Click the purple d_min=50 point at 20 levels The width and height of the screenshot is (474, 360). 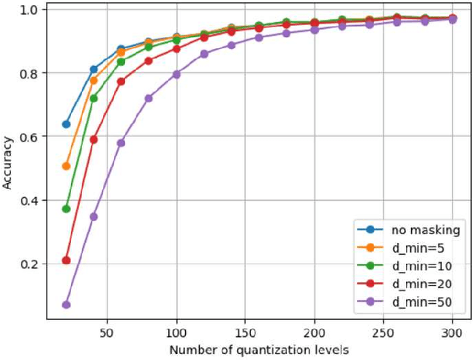tap(66, 304)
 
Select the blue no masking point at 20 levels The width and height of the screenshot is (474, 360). tap(66, 124)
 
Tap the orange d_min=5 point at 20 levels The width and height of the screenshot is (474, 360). tap(66, 166)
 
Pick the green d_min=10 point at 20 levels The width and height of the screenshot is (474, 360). tap(66, 209)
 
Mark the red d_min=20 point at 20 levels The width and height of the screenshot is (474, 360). tap(66, 260)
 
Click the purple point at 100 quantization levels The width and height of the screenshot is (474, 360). tap(176, 74)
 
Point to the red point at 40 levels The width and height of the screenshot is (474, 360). tap(93, 139)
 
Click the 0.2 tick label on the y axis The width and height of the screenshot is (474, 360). tap(30, 264)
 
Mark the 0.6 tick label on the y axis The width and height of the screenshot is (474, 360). tap(30, 136)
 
